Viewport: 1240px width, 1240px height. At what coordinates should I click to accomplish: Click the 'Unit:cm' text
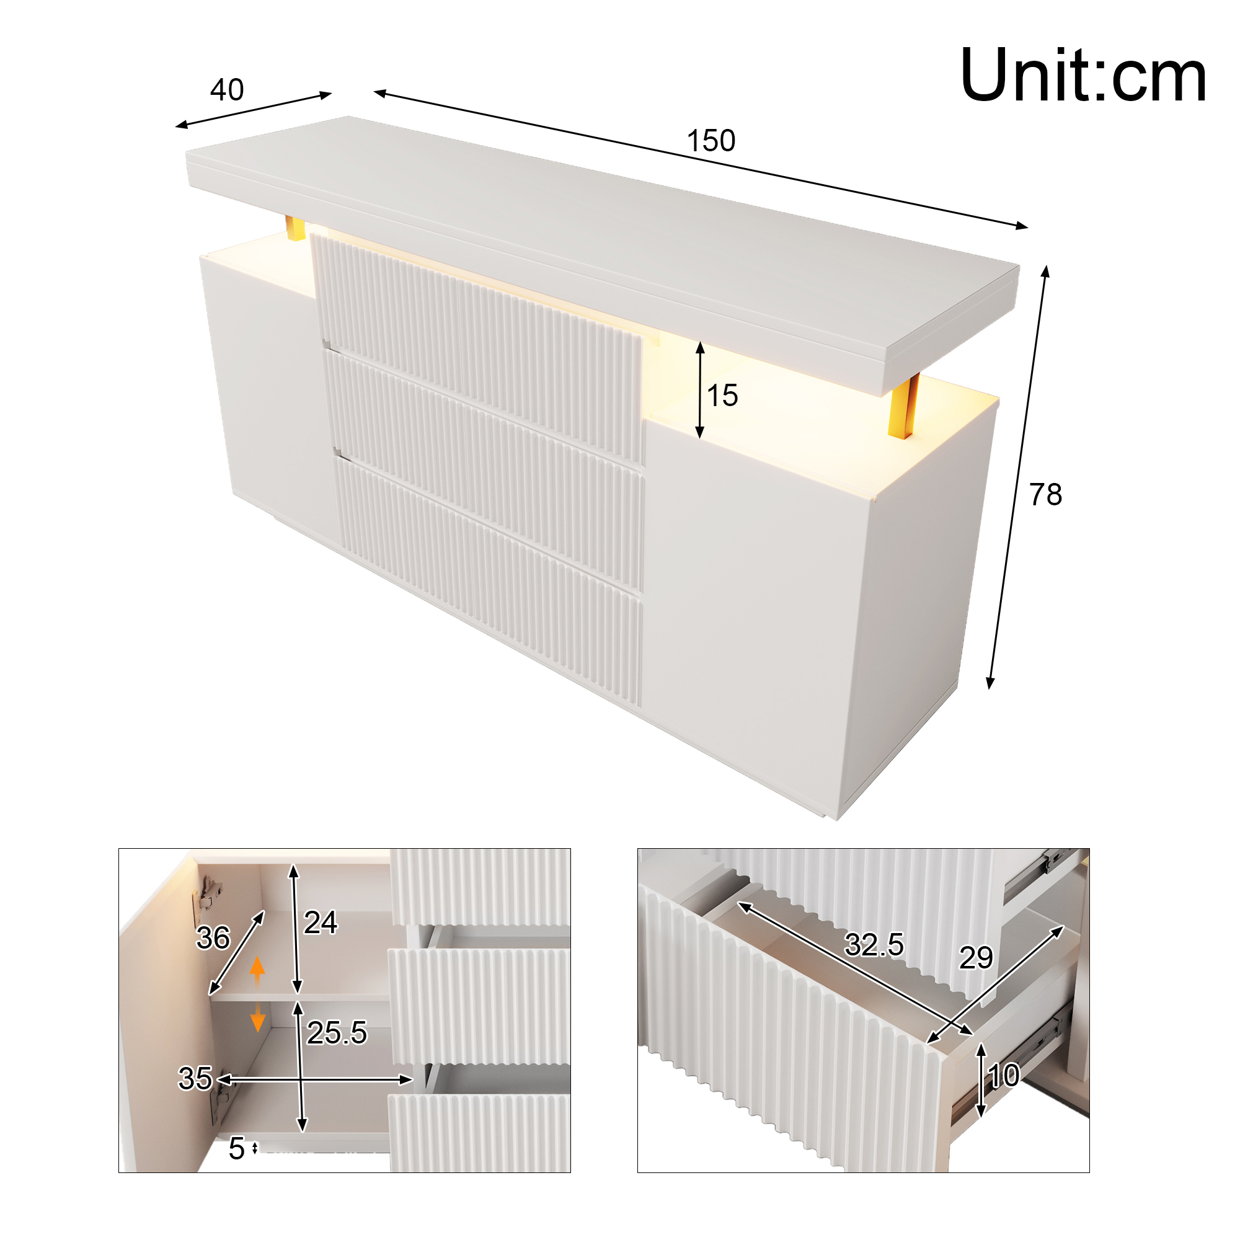point(1083,75)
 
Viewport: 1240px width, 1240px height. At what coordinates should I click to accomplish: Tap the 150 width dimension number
point(711,141)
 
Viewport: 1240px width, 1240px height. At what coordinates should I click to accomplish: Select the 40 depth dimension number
point(227,90)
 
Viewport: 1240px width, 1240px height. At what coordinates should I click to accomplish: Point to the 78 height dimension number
point(1045,495)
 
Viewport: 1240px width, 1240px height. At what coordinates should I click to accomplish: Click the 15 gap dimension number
point(722,396)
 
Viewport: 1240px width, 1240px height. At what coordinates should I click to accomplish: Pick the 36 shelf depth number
point(213,937)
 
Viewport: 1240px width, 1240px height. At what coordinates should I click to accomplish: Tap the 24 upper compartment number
point(321,923)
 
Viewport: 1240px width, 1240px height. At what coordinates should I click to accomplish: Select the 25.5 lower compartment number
point(336,1033)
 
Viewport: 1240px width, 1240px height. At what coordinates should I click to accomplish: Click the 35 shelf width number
point(195,1078)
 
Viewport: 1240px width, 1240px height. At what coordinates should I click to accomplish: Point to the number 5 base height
point(237,1149)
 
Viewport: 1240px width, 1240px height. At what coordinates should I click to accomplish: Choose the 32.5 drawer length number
point(874,945)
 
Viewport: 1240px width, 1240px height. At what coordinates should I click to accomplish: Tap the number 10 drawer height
point(1004,1076)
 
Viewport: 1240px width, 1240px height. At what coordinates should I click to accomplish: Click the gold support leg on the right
point(904,406)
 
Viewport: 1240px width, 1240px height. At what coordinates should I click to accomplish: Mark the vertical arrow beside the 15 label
point(700,390)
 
